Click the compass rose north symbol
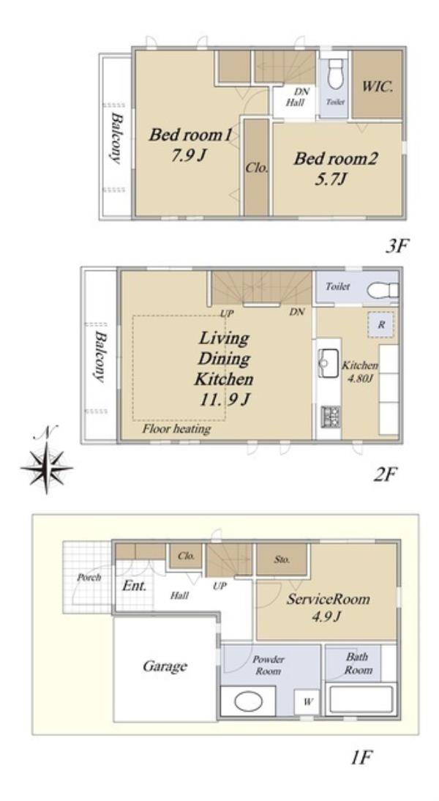coord(46,466)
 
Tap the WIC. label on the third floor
coord(378,86)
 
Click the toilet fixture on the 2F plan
coord(382,291)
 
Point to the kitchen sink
coord(329,362)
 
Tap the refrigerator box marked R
coord(380,324)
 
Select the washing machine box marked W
coord(307,702)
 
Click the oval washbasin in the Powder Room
coord(248,701)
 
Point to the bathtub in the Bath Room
coord(361,699)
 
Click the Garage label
coord(165,667)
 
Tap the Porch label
coord(89,578)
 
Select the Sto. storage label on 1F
coord(282,559)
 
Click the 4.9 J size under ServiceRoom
coord(327,616)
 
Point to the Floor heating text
coord(176,428)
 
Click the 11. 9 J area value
coord(224,399)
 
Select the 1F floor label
coord(361,757)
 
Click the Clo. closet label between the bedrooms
coord(256,168)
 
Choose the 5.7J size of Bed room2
coord(334,179)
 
